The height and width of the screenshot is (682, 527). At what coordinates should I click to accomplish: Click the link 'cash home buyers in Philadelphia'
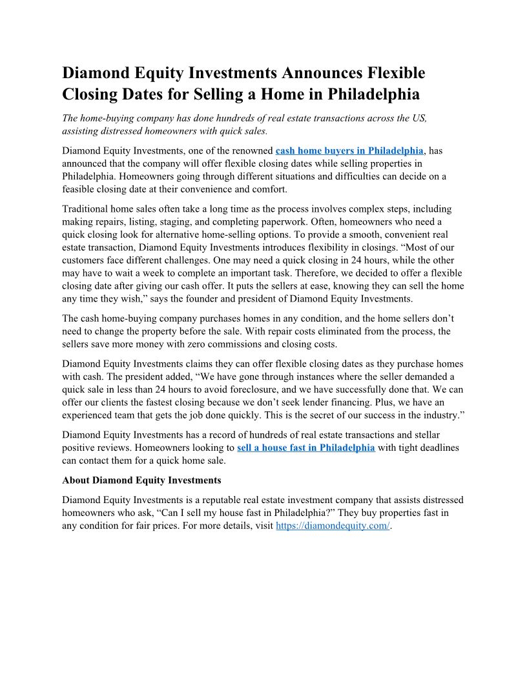click(349, 150)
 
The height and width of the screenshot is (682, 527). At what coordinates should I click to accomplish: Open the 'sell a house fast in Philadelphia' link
click(305, 448)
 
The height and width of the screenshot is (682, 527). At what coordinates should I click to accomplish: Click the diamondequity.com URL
click(333, 526)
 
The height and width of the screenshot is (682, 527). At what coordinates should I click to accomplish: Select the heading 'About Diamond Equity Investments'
click(141, 480)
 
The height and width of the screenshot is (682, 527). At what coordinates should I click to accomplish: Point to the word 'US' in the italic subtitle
click(420, 118)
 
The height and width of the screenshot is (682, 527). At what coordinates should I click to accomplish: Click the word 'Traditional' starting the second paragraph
click(87, 209)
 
